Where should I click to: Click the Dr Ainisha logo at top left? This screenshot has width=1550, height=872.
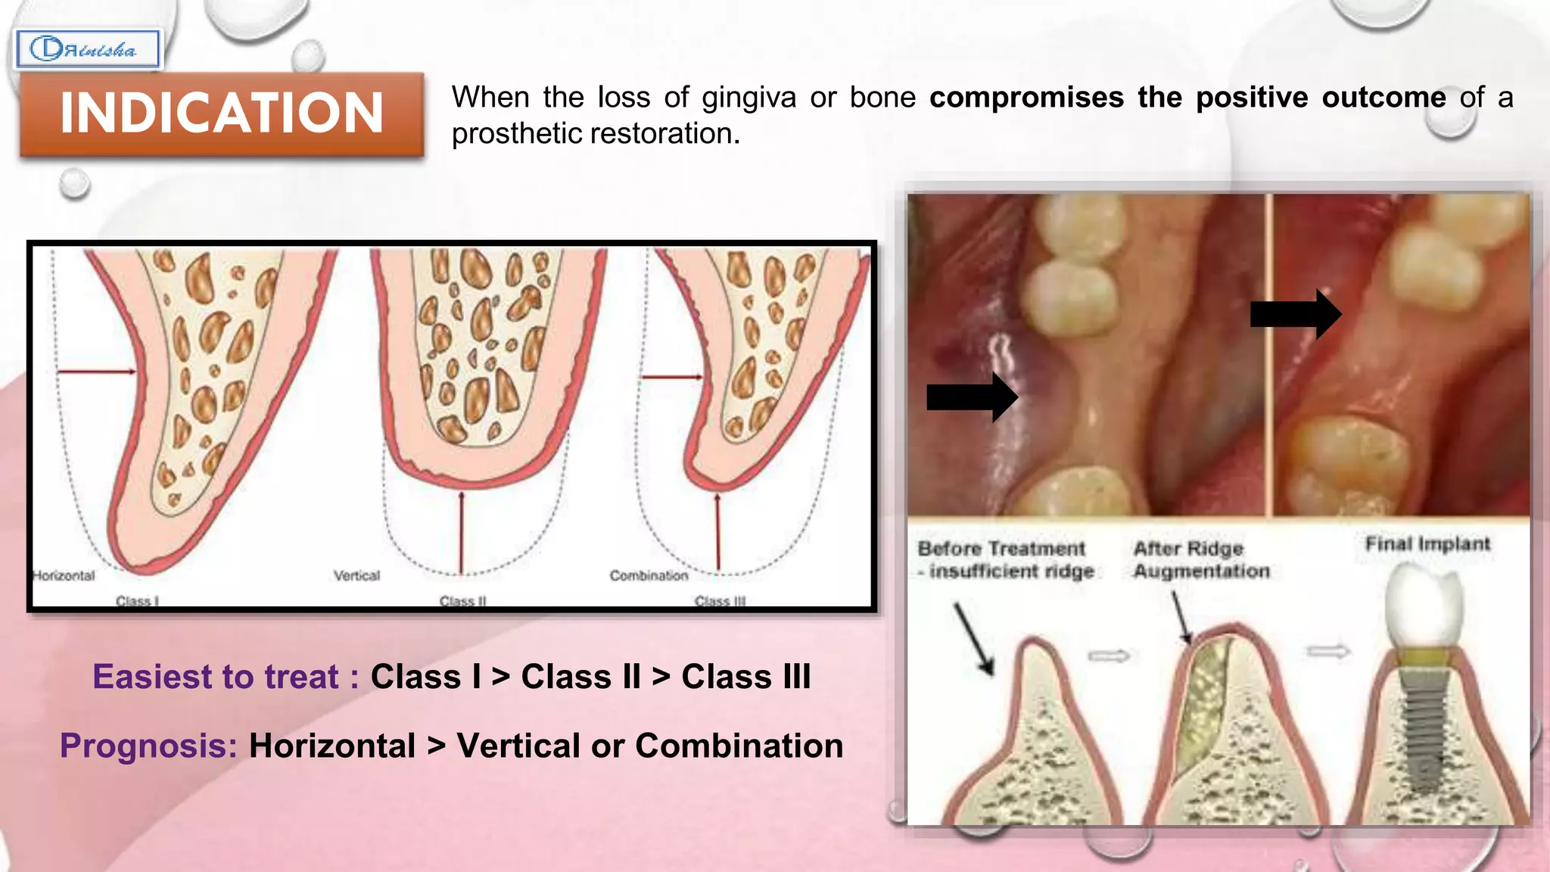click(87, 50)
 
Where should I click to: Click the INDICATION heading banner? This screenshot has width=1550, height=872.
click(221, 114)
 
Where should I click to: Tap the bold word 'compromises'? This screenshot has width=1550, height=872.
click(1026, 98)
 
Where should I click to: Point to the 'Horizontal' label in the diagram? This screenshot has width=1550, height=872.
click(64, 575)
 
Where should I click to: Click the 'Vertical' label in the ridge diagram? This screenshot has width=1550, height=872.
click(357, 575)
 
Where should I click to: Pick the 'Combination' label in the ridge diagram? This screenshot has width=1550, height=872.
click(649, 575)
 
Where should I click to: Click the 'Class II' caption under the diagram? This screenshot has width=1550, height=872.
click(462, 601)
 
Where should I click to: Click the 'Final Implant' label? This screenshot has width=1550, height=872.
click(1427, 543)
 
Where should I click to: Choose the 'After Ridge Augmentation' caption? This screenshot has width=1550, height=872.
click(1201, 559)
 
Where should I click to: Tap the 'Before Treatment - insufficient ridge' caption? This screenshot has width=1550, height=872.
click(1005, 559)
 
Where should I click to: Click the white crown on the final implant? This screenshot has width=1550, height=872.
click(1424, 610)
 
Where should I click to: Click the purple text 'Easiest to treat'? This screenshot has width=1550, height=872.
click(216, 677)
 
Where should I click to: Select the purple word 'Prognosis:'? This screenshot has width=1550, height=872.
click(148, 746)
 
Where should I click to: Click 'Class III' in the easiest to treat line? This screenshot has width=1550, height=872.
click(745, 677)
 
